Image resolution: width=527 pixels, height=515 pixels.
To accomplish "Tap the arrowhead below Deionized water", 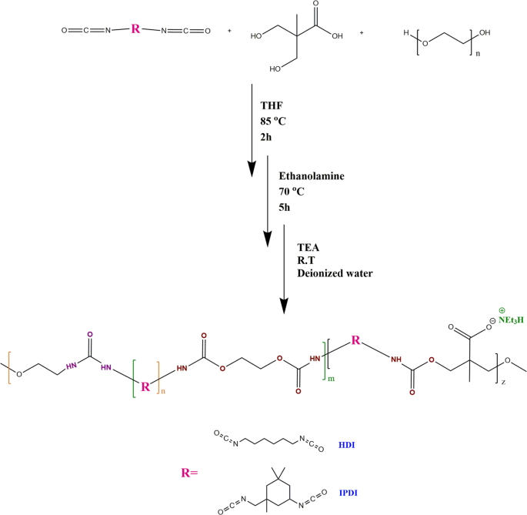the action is pyautogui.click(x=285, y=305).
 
